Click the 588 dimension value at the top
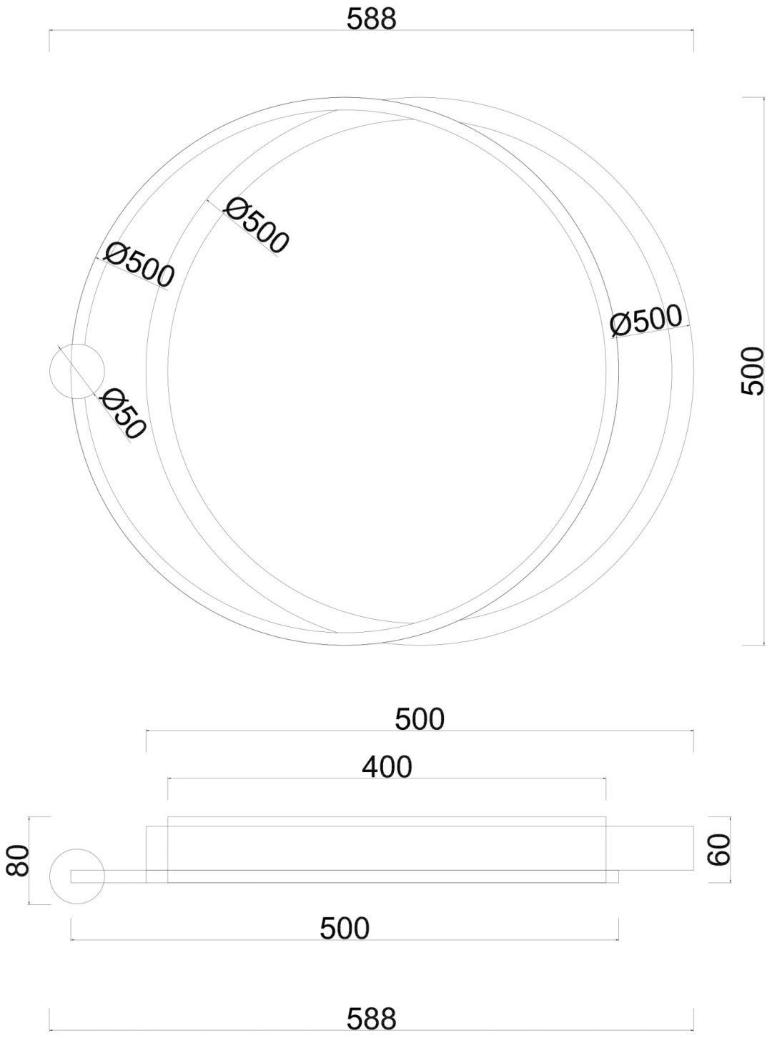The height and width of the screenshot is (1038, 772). pos(371,19)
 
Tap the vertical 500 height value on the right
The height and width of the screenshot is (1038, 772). pos(753,371)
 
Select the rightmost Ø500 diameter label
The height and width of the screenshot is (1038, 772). pos(645,320)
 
